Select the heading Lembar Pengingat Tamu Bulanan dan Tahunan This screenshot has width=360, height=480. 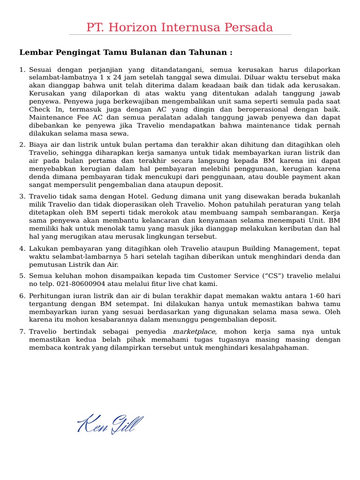(x=126, y=52)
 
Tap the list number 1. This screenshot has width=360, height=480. (x=22, y=70)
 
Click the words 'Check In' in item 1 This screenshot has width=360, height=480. (x=43, y=110)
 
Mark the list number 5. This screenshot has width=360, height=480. (x=22, y=276)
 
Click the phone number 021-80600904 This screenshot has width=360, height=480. (x=81, y=284)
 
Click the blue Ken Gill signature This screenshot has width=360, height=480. (x=110, y=424)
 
